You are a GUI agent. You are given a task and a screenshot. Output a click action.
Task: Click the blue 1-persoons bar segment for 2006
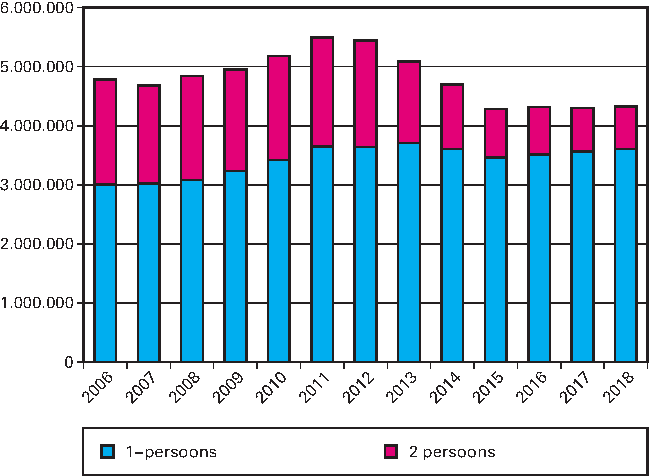105,273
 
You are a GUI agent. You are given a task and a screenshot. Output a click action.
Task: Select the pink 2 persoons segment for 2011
322,92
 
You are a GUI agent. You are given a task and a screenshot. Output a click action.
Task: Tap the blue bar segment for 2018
625,255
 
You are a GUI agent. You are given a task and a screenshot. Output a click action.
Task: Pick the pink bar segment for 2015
496,133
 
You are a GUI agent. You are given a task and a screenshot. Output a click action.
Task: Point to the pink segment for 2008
192,128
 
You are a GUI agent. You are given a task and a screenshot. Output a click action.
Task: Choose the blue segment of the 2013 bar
409,252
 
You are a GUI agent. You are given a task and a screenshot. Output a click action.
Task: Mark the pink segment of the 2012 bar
365,93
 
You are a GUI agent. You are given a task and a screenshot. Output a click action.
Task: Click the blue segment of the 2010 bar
279,260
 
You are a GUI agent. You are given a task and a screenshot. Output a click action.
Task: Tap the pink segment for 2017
582,130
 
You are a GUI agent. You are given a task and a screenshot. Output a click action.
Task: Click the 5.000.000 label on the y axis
37,67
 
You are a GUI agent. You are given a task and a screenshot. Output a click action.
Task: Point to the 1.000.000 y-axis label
37,303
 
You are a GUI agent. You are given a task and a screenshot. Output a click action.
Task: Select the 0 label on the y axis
69,362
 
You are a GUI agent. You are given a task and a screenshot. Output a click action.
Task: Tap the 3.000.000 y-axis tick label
37,185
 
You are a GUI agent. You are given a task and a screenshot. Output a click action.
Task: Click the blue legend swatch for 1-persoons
108,452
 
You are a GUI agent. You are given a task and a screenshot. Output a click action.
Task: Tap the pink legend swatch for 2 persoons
391,452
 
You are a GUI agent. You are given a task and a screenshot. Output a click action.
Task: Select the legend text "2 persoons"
452,452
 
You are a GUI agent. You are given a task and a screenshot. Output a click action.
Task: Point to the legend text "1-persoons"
171,452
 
